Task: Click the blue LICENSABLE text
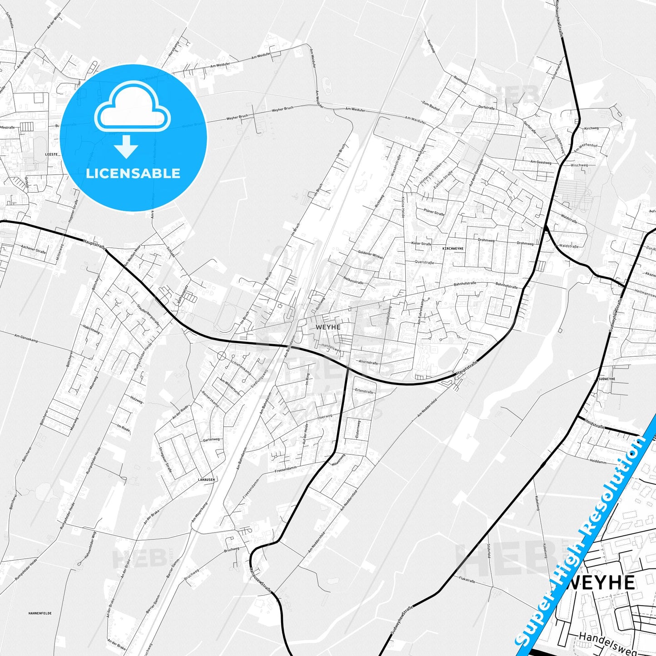tap(133, 173)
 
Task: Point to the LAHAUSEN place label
tap(206, 479)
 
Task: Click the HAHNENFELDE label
tap(40, 613)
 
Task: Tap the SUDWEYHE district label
tap(607, 378)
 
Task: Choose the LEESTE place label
tap(52, 154)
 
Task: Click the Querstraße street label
tap(424, 262)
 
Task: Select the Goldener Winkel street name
tap(370, 255)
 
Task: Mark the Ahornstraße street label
tap(368, 363)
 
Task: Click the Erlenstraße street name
tap(364, 391)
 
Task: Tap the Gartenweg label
tap(211, 439)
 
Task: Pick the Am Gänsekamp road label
tap(25, 337)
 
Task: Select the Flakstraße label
tap(467, 580)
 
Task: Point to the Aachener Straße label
tap(34, 250)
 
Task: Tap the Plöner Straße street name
tap(434, 212)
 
